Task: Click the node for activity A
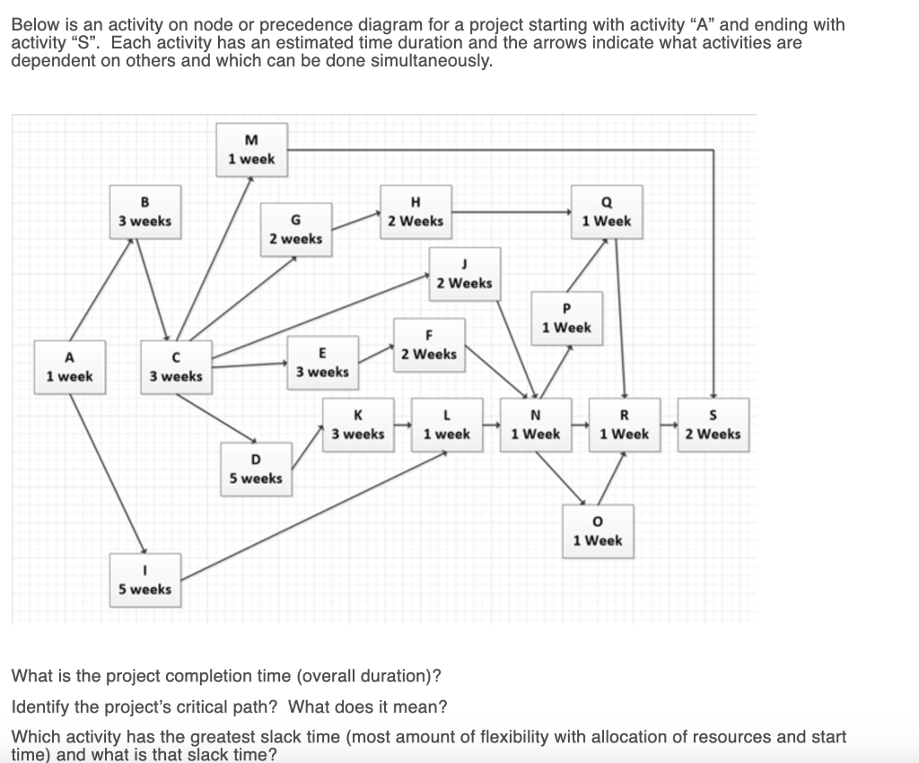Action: tap(69, 367)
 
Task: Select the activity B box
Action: tap(144, 212)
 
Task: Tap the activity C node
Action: tap(176, 367)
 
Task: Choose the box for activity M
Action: tap(251, 150)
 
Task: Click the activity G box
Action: tap(296, 230)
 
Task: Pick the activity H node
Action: tap(415, 212)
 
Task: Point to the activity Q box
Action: tap(607, 212)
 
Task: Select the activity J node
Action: tap(464, 274)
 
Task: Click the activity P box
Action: tap(566, 319)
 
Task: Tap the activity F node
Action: tap(429, 345)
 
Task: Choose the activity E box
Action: tap(322, 363)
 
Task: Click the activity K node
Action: tap(358, 425)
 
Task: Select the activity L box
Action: tap(446, 425)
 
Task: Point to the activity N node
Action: tap(535, 425)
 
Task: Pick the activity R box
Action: tap(624, 425)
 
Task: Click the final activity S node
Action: tap(713, 425)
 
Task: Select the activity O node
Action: tap(598, 531)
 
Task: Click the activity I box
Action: tap(144, 580)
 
